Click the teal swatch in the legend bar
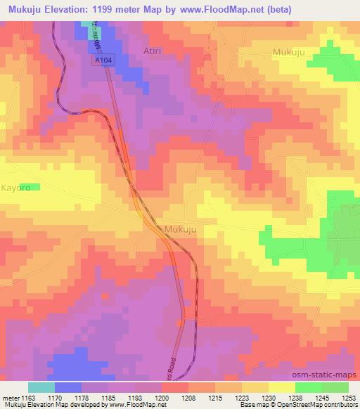41,387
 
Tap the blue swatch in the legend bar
68,387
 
